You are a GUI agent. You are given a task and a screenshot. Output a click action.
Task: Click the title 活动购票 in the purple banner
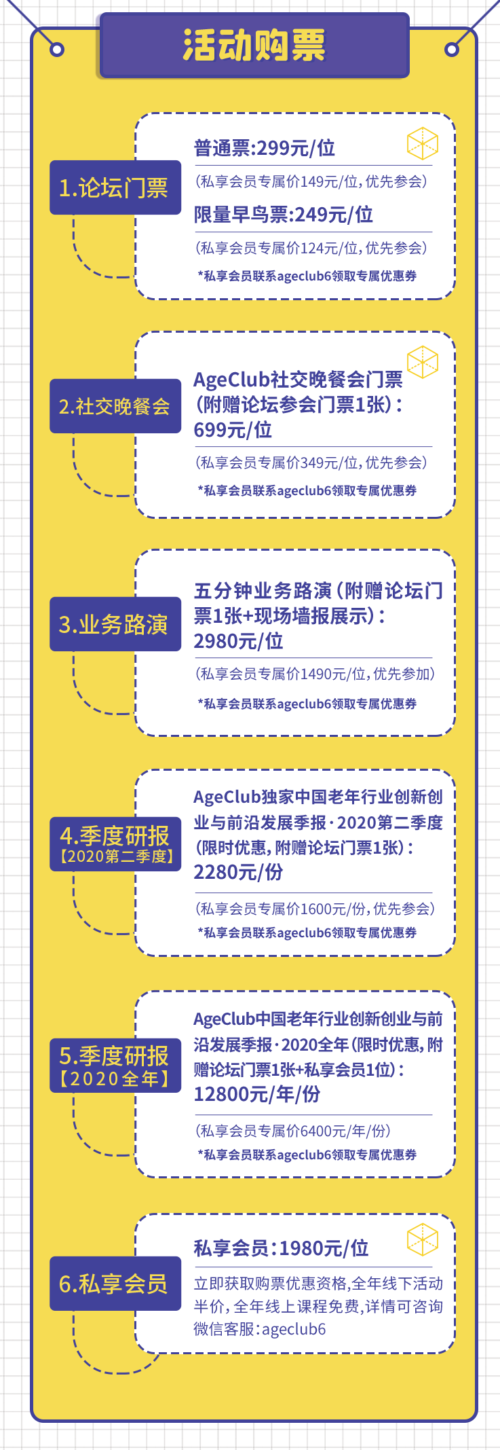click(x=254, y=46)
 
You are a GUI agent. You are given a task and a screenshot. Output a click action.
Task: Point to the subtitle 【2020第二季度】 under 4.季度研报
click(x=116, y=856)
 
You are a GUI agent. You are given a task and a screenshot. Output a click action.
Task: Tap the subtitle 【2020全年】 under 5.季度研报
click(x=115, y=1079)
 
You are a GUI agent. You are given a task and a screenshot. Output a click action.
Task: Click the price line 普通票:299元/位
click(x=265, y=148)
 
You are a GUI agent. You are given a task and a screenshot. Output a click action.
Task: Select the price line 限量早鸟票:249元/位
click(x=284, y=215)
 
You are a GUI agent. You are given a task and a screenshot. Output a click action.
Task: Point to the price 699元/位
click(x=233, y=430)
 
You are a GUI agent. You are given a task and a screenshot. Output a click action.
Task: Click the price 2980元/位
click(x=238, y=641)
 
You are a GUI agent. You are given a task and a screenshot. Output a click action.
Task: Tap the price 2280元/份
click(x=238, y=872)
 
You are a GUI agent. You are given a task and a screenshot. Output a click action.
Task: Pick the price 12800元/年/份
click(x=257, y=1094)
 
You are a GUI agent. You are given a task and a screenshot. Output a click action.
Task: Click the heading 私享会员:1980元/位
click(x=282, y=1248)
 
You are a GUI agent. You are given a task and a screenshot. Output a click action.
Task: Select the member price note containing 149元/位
click(x=311, y=181)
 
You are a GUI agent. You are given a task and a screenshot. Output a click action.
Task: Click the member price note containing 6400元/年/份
click(x=293, y=1131)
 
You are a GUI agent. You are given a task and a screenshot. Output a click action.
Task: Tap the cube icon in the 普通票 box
click(x=422, y=144)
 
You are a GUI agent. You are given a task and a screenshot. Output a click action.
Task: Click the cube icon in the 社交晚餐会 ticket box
click(x=422, y=362)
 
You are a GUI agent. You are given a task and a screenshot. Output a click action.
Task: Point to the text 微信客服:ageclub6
click(x=260, y=1329)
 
